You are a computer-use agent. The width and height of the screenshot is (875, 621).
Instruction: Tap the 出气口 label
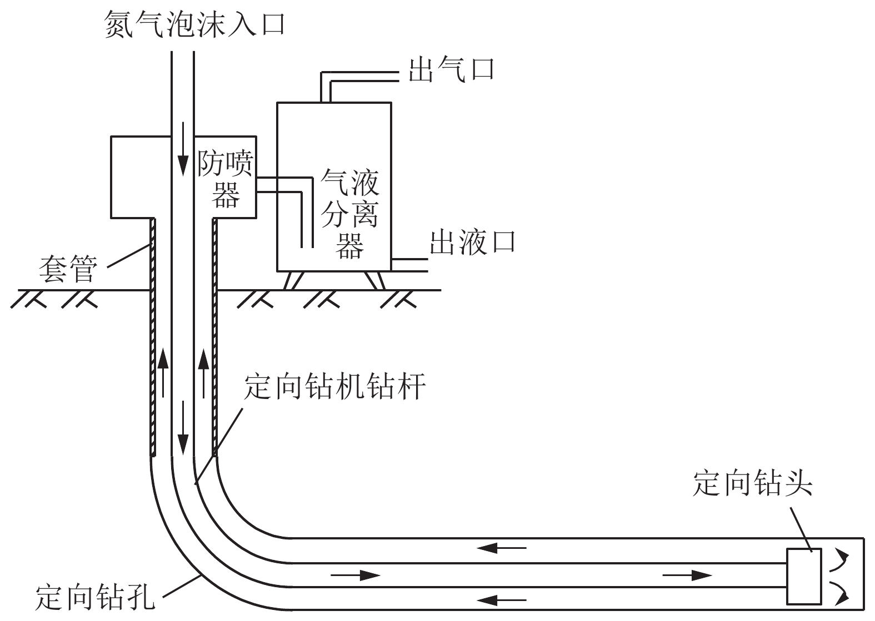tap(451, 69)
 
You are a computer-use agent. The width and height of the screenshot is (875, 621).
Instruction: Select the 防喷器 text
tap(226, 178)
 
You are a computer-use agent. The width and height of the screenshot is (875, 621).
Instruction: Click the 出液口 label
tap(473, 242)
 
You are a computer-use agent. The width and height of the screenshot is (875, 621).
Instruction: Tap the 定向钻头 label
tap(753, 483)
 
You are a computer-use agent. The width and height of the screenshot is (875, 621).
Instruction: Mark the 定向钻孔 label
tap(94, 597)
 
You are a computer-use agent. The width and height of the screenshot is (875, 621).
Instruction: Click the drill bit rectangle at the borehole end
tap(804, 576)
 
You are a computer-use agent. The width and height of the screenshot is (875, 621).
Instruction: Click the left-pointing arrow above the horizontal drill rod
tap(502, 548)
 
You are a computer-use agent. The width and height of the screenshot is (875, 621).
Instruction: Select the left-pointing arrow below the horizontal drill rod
tap(502, 599)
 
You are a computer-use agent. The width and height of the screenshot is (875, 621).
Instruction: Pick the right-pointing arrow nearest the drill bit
tap(687, 575)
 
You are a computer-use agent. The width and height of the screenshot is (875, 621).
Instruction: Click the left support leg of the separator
tap(292, 280)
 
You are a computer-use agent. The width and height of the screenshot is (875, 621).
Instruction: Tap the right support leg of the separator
tap(376, 280)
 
